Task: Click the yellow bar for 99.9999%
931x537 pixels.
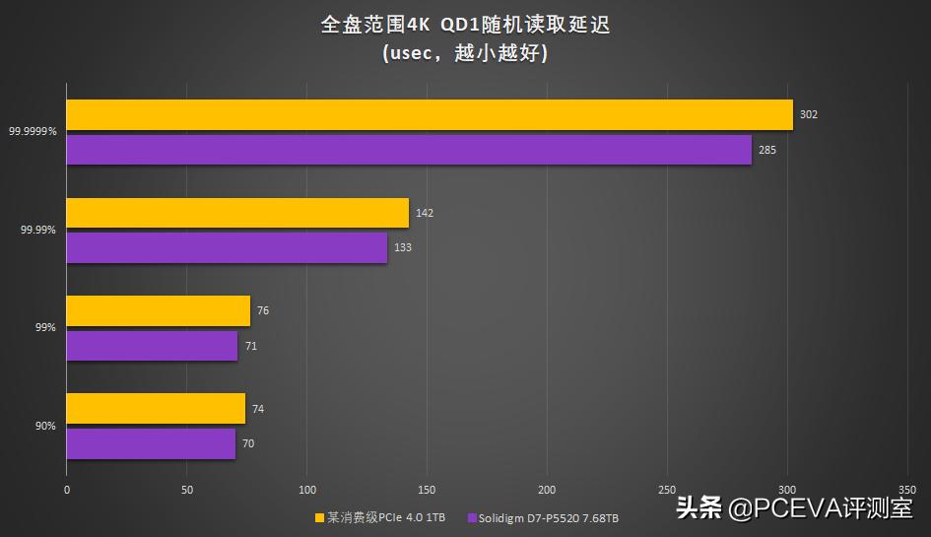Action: (x=430, y=114)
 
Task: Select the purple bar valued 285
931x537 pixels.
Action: (x=409, y=150)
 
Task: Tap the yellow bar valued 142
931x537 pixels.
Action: (x=237, y=213)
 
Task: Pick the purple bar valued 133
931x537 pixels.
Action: (x=227, y=248)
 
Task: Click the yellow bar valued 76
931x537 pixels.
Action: (x=159, y=310)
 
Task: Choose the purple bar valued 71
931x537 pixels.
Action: (x=152, y=346)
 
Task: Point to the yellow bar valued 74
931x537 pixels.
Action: (x=156, y=409)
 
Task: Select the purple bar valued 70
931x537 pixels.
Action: (x=151, y=443)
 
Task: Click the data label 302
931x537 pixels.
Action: (x=808, y=114)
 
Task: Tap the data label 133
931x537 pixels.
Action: (x=402, y=247)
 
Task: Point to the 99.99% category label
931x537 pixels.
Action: (x=37, y=230)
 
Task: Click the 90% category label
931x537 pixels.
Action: (x=45, y=426)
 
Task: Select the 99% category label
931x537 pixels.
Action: (x=45, y=327)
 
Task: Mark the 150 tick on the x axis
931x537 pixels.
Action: (x=427, y=489)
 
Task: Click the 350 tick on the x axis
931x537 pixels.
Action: (x=908, y=489)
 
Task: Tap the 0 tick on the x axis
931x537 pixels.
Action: (x=67, y=489)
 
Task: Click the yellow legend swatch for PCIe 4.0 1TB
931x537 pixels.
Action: (x=319, y=517)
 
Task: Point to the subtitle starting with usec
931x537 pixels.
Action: (x=465, y=52)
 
